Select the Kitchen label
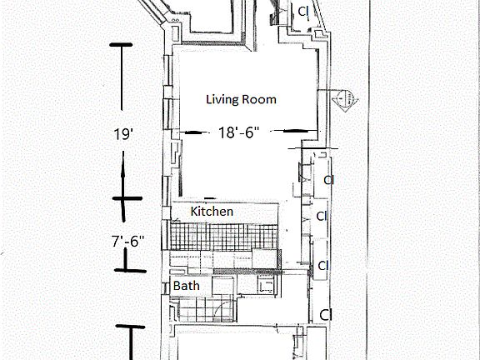click(212, 211)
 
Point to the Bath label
click(187, 286)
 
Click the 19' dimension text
click(122, 134)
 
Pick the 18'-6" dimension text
click(239, 132)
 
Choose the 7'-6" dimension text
click(127, 241)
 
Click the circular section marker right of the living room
click(345, 98)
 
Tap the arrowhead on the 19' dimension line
click(123, 171)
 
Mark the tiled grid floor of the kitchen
click(224, 237)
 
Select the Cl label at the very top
click(303, 12)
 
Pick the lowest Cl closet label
click(326, 314)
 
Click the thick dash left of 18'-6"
click(193, 132)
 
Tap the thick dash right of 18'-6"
click(294, 131)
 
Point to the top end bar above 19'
click(121, 45)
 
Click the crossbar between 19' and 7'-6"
click(127, 198)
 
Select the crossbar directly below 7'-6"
click(130, 270)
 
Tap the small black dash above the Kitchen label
click(210, 198)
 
